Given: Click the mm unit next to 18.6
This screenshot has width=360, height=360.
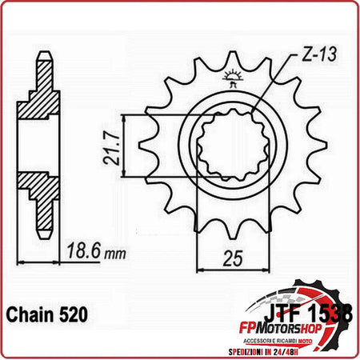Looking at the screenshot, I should click(x=116, y=254).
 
